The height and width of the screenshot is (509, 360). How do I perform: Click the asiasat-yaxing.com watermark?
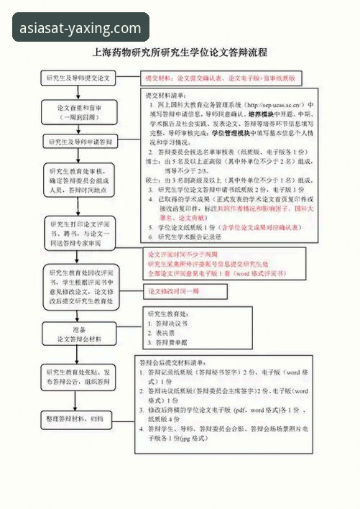point(81,28)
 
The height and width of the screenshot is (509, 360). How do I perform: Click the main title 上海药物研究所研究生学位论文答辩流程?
point(180,52)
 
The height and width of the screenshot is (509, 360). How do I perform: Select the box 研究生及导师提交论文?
point(78,77)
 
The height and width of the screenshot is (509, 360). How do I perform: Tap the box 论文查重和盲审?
point(78,111)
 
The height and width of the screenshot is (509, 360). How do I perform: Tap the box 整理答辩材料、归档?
point(78,418)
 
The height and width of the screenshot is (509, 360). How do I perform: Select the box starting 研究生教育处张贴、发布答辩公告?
point(78,377)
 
